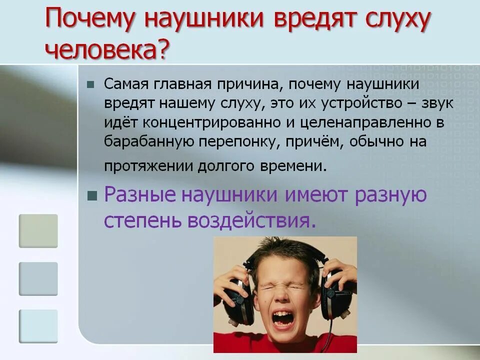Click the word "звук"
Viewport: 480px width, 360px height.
[436, 103]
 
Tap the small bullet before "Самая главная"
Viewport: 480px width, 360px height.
[90, 84]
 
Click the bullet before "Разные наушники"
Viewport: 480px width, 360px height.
[91, 195]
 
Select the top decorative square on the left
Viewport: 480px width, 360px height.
[38, 231]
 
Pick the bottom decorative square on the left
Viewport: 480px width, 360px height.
[38, 326]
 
